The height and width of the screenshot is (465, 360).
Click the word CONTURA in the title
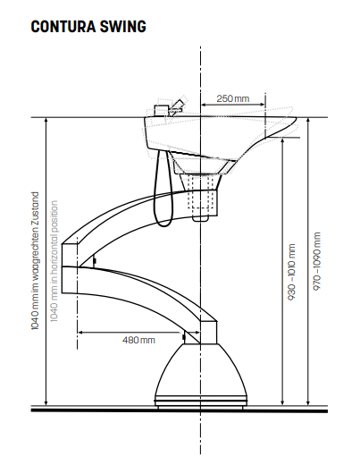pyautogui.click(x=63, y=26)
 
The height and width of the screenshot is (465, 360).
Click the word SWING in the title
pyautogui.click(x=123, y=26)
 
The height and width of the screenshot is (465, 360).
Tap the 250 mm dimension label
pyautogui.click(x=233, y=98)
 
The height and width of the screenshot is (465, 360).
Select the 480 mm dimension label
pyautogui.click(x=138, y=340)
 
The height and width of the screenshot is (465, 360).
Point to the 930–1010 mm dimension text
pyautogui.click(x=292, y=272)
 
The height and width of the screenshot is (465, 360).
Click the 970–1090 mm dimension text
pyautogui.click(x=317, y=261)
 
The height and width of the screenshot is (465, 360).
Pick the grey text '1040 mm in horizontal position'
pyautogui.click(x=54, y=261)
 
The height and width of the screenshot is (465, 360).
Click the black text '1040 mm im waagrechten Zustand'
pyautogui.click(x=35, y=261)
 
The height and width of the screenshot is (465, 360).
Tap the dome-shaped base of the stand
pyautogui.click(x=201, y=376)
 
